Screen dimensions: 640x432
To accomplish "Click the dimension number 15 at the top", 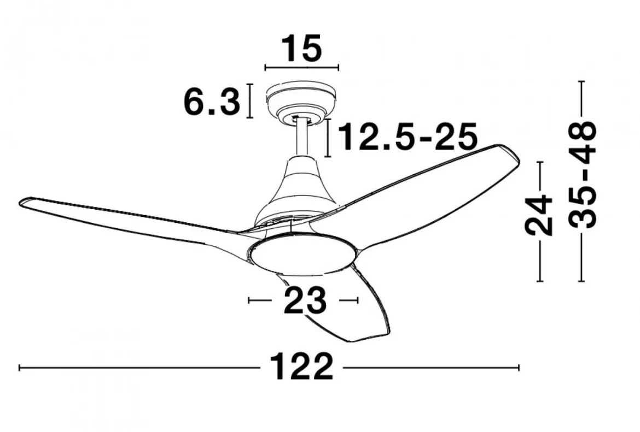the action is (302, 49).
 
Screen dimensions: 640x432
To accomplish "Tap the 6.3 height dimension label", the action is (212, 102).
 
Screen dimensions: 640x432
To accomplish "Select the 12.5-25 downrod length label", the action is (408, 137).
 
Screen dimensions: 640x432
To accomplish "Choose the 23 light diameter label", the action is (305, 300).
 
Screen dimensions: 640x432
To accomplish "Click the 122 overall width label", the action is (301, 368).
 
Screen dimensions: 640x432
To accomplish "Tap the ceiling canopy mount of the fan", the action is (301, 103).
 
